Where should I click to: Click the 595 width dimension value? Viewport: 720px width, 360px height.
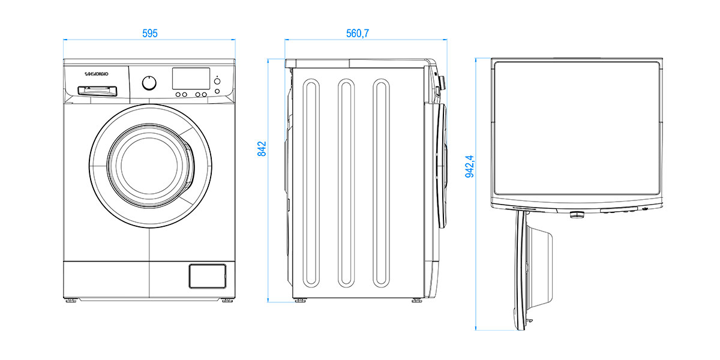[150, 34]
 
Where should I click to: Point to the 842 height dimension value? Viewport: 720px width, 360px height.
[262, 149]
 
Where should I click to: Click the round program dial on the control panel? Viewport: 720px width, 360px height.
[150, 83]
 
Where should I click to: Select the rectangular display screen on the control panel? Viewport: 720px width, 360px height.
[191, 77]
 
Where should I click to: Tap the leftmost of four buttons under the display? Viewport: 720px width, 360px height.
[178, 94]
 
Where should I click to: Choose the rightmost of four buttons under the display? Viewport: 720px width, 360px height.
[205, 94]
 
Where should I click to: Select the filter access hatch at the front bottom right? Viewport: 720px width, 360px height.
[207, 275]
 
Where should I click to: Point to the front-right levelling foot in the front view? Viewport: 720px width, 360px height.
[227, 299]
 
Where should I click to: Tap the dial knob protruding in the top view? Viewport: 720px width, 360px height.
[577, 214]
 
